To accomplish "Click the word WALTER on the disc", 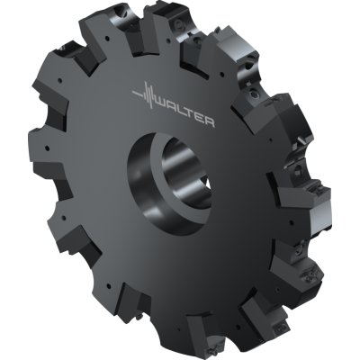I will tap(185, 112).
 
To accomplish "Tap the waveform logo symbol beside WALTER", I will tap(143, 94).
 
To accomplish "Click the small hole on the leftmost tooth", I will tap(42, 142).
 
